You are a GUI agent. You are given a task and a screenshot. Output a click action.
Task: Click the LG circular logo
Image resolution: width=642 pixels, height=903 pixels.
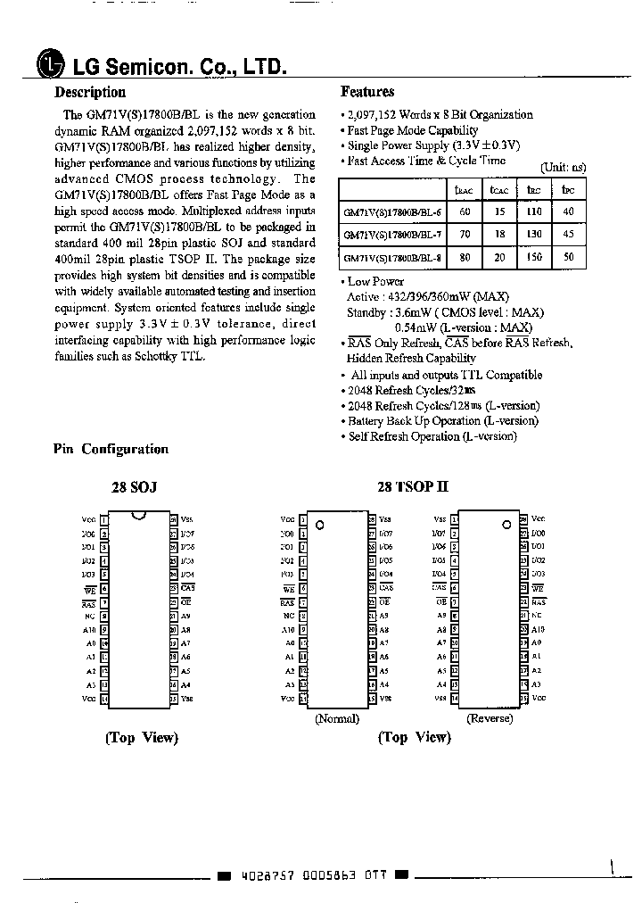(x=52, y=66)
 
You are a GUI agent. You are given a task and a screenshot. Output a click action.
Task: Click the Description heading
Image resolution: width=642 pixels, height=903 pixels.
(x=90, y=92)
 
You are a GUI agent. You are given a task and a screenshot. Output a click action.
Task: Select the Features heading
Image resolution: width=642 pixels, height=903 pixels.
(x=367, y=92)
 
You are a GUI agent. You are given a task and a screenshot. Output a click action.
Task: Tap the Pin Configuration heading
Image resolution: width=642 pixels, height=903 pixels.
(x=111, y=450)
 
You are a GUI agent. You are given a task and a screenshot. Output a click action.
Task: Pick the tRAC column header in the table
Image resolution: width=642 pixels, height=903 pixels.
(x=463, y=190)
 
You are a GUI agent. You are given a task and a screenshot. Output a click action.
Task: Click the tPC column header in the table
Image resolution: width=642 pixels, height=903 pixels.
(x=568, y=190)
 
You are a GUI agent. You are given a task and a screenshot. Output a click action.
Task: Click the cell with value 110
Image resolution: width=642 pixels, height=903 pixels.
(x=533, y=212)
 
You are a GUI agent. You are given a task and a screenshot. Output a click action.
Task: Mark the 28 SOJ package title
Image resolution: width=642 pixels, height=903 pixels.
(x=134, y=488)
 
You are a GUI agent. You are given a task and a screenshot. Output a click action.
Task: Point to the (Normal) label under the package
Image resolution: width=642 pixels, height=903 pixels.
(x=337, y=718)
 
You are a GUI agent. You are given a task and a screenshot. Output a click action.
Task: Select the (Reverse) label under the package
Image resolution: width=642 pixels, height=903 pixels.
(x=490, y=718)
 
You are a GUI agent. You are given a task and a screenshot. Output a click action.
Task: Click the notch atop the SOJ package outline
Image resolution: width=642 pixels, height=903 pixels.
(x=137, y=515)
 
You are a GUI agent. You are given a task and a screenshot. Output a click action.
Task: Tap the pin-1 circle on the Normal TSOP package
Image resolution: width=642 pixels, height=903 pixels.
(x=320, y=525)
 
